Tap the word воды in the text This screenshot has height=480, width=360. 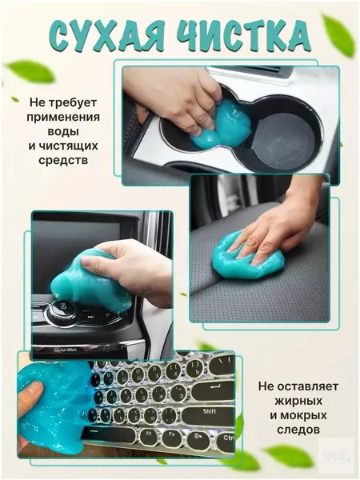63,131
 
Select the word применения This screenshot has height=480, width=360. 63,117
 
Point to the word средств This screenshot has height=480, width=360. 63,160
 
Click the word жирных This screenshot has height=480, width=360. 298,401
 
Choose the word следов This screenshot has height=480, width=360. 298,430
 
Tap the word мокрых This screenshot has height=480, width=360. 298,415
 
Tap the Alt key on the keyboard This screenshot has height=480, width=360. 149,436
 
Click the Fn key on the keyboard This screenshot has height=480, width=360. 172,438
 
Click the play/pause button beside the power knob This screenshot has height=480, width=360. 90,317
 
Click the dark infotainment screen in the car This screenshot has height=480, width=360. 82,242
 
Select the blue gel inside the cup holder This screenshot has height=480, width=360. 220,126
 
